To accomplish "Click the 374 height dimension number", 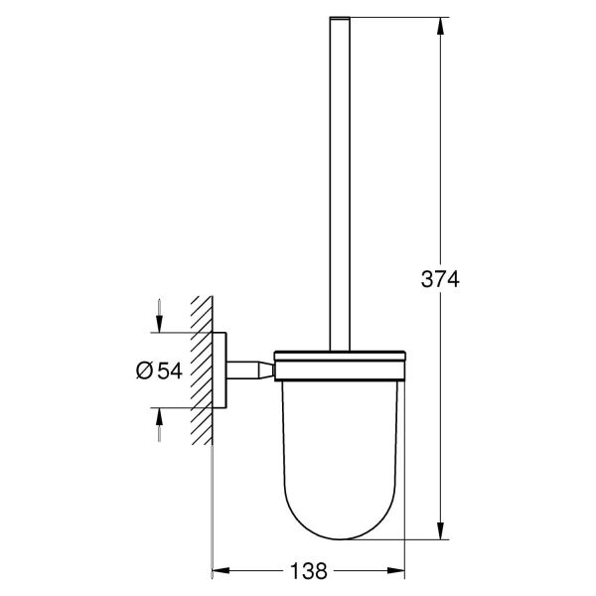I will point(439,281).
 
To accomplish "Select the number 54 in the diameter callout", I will point(170,371).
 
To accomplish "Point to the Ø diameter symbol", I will point(143,371).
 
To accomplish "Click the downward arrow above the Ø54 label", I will point(157,324).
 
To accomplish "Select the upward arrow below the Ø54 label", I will point(157,416).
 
